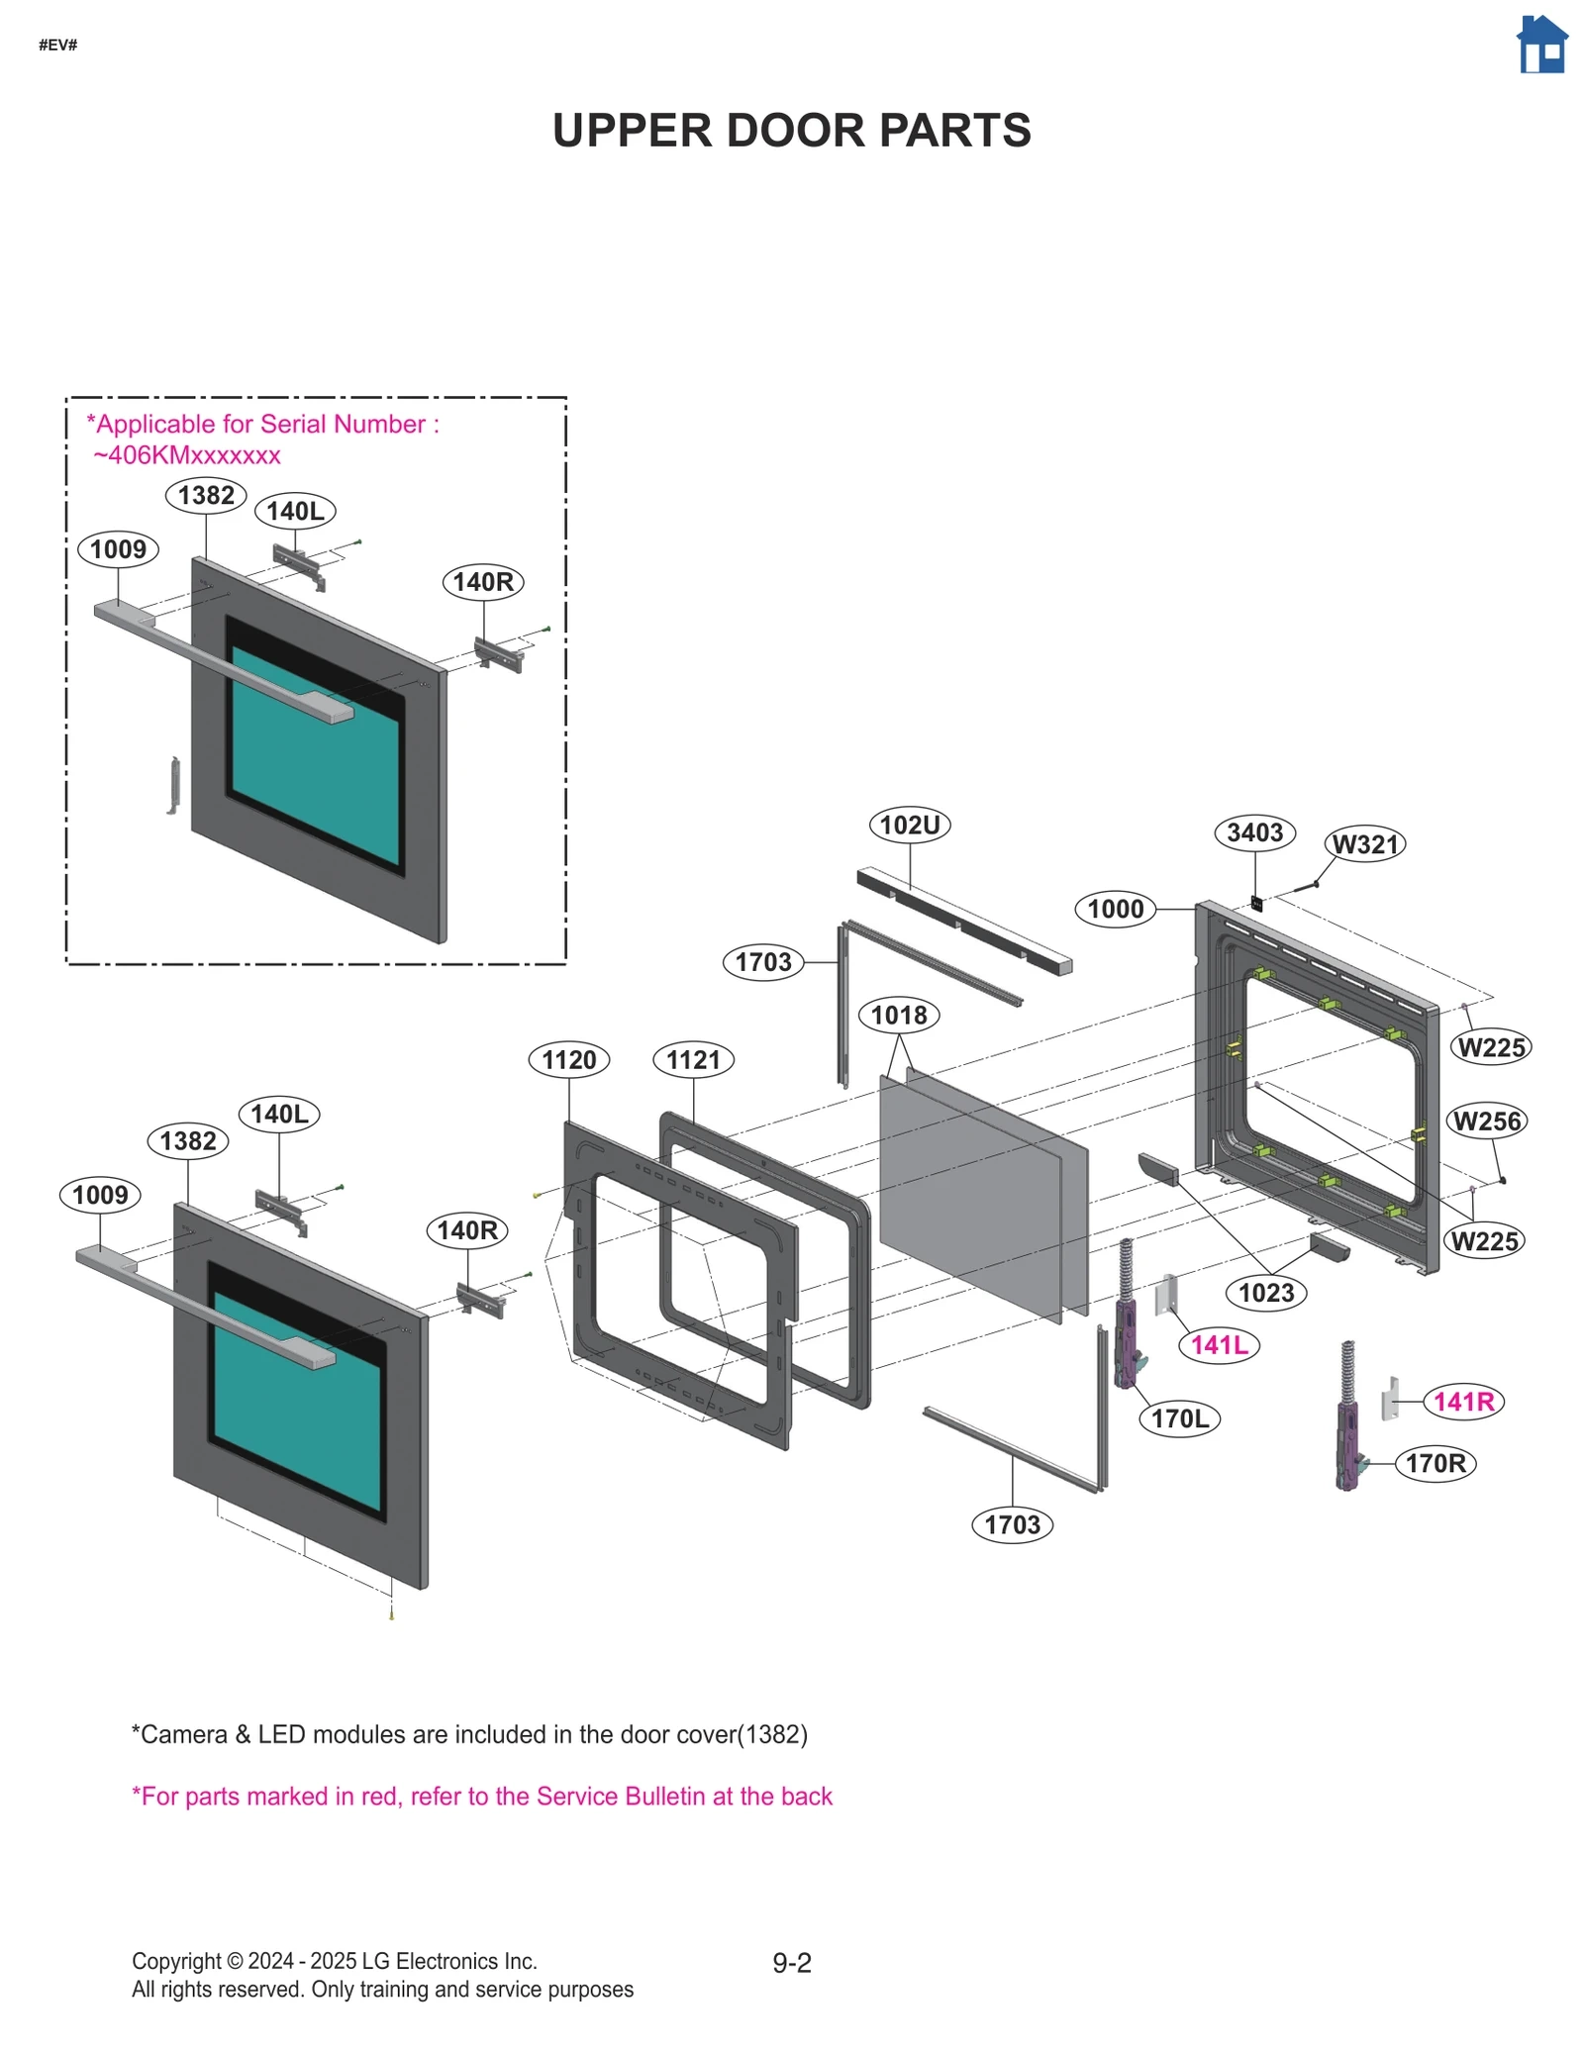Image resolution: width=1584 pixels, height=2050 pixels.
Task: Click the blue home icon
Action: (1541, 46)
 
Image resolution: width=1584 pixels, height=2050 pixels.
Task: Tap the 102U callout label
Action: (909, 825)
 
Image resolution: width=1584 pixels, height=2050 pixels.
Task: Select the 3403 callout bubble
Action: (1254, 832)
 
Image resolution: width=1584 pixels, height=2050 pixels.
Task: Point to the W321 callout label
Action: (1365, 844)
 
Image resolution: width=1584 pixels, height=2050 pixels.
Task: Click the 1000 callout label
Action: (1115, 909)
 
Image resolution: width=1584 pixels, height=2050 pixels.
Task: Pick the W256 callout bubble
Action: (1486, 1122)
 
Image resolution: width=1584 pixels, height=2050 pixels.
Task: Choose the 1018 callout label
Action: (899, 1015)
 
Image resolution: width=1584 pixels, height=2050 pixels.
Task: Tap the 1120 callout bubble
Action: (568, 1060)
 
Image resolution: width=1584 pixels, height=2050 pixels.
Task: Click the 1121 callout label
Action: (693, 1060)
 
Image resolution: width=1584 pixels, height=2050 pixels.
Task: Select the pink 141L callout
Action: (1219, 1345)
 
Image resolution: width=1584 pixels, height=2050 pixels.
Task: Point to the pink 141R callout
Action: (1463, 1402)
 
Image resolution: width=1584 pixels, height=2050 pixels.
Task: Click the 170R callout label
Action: (1435, 1463)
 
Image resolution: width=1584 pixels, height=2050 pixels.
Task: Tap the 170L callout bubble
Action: (1179, 1418)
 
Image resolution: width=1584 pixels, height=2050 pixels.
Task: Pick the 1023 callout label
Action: (1266, 1293)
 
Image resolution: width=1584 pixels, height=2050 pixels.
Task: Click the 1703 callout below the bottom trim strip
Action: (1012, 1524)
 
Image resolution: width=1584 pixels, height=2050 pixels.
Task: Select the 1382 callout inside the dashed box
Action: (206, 495)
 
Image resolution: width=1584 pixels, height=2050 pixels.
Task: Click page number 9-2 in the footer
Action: (792, 1963)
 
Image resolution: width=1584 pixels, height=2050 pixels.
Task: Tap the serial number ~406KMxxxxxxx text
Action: (187, 455)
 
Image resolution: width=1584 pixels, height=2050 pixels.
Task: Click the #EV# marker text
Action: (57, 46)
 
